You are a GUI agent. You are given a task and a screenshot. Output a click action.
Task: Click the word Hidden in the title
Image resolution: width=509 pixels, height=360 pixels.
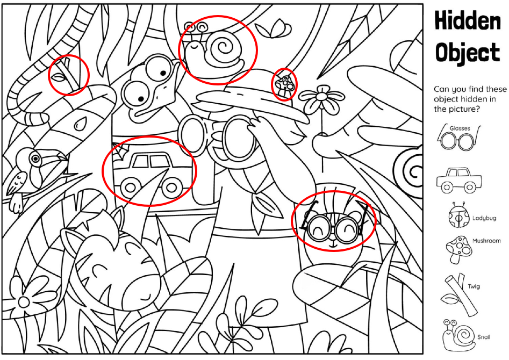(x=468, y=20)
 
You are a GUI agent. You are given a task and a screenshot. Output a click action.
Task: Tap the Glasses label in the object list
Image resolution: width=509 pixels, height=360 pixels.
(x=460, y=128)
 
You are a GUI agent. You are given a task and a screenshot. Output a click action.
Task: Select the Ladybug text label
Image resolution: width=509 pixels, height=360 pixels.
(x=484, y=218)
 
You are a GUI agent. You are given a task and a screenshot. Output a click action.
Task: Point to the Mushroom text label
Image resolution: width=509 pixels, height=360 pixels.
(x=486, y=241)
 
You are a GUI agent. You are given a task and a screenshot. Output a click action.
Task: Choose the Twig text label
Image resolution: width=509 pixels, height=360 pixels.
(x=474, y=286)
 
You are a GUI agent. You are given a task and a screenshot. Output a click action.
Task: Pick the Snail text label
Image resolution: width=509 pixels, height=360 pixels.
(x=484, y=337)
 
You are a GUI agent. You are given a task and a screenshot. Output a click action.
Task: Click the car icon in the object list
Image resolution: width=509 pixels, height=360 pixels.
(x=459, y=180)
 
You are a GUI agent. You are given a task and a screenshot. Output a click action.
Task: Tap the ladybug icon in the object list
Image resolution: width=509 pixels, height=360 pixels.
(x=458, y=215)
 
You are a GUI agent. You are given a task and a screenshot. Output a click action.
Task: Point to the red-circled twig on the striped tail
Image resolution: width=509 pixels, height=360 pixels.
(x=67, y=75)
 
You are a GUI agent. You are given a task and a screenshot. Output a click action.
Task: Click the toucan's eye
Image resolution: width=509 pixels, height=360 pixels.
(x=35, y=159)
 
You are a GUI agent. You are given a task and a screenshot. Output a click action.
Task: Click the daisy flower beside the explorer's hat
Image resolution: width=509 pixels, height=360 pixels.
(x=321, y=99)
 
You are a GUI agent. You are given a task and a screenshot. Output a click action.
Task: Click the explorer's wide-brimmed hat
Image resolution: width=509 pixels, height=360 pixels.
(x=253, y=100)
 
